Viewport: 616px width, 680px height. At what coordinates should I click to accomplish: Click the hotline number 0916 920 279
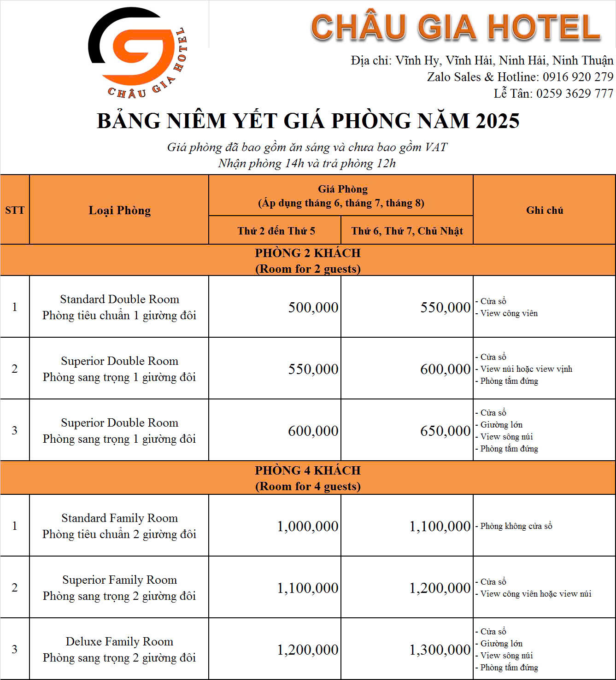pos(578,77)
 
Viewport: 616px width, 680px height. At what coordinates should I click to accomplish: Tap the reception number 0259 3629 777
pos(575,94)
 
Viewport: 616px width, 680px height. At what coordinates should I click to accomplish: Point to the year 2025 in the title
pos(497,121)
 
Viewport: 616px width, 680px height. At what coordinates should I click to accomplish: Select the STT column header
pos(15,210)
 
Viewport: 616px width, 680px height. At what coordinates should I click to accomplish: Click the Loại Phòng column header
pos(119,211)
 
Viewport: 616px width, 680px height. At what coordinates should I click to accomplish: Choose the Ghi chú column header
pos(545,210)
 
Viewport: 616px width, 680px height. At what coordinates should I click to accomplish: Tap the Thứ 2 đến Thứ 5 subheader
pos(276,231)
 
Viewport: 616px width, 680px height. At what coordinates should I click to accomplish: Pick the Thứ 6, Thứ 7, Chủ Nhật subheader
pos(407,231)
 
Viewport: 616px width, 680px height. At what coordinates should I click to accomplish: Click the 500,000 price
pos(313,307)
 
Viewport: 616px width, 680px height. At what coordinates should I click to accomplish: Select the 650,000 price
pos(445,431)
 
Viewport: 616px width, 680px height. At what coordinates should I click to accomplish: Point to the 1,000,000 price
pos(308,526)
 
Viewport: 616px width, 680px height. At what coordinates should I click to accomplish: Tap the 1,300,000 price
pos(440,650)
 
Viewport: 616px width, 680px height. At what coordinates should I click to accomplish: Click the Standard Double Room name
pos(119,299)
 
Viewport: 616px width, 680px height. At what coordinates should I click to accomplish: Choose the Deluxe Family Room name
pos(119,642)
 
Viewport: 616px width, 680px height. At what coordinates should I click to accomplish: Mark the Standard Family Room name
pos(119,518)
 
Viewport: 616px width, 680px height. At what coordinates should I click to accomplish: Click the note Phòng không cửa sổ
pos(516,526)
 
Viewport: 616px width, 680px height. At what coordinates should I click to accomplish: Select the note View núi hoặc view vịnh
pos(526,369)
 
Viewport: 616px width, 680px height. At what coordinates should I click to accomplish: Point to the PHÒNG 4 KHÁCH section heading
pos(308,470)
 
